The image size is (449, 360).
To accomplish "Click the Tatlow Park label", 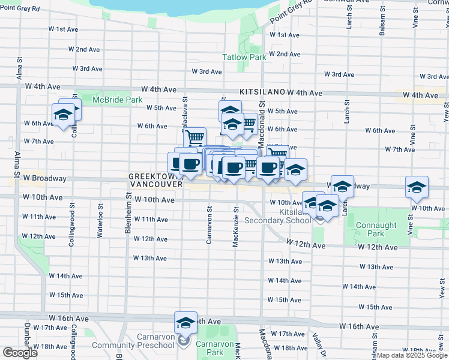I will [x=244, y=58].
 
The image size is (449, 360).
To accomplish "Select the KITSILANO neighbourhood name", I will [x=261, y=92].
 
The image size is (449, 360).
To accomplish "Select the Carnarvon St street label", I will [x=209, y=226].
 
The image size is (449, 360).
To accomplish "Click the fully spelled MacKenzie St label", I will [x=237, y=228].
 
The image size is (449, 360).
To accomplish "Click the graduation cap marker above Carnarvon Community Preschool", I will [x=186, y=323].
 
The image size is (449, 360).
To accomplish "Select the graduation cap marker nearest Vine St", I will [x=417, y=187].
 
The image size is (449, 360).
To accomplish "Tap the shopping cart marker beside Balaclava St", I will [x=194, y=137].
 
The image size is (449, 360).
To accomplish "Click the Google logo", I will [x=20, y=353].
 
